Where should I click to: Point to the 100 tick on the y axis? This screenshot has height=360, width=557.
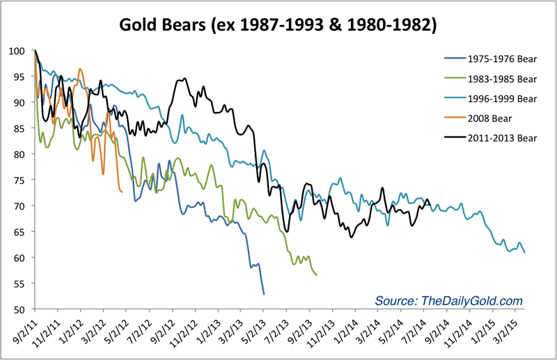pyautogui.click(x=22, y=51)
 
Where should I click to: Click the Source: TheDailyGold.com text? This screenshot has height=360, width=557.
pyautogui.click(x=448, y=300)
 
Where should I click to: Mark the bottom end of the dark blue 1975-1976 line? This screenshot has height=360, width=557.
pyautogui.click(x=264, y=295)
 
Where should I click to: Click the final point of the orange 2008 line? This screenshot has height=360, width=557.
pyautogui.click(x=122, y=191)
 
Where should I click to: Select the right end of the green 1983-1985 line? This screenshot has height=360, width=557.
pyautogui.click(x=317, y=275)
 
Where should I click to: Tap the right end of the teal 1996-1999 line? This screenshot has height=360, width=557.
pyautogui.click(x=524, y=252)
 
